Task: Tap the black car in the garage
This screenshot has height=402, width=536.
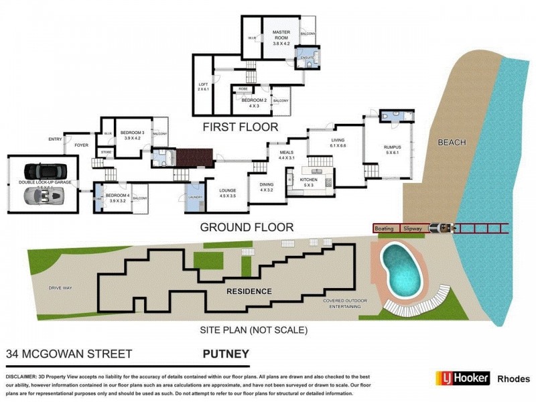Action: pyautogui.click(x=42, y=172)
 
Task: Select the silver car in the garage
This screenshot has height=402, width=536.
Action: pyautogui.click(x=42, y=196)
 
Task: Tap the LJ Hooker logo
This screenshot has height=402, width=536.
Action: pyautogui.click(x=462, y=378)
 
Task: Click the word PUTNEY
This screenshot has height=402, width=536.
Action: pyautogui.click(x=226, y=353)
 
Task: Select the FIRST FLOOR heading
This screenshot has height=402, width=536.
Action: pyautogui.click(x=242, y=126)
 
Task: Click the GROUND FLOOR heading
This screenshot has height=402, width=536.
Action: pyautogui.click(x=247, y=227)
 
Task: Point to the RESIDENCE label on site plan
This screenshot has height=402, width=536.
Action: pyautogui.click(x=249, y=291)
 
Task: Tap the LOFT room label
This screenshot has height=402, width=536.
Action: pyautogui.click(x=203, y=84)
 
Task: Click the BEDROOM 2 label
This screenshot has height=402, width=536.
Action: pyautogui.click(x=253, y=101)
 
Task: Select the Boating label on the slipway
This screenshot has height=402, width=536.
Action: pyautogui.click(x=384, y=228)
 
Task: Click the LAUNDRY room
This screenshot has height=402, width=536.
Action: pyautogui.click(x=195, y=198)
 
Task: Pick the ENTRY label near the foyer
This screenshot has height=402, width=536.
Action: pyautogui.click(x=54, y=139)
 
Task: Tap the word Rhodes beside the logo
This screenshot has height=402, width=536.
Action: pyautogui.click(x=513, y=379)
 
